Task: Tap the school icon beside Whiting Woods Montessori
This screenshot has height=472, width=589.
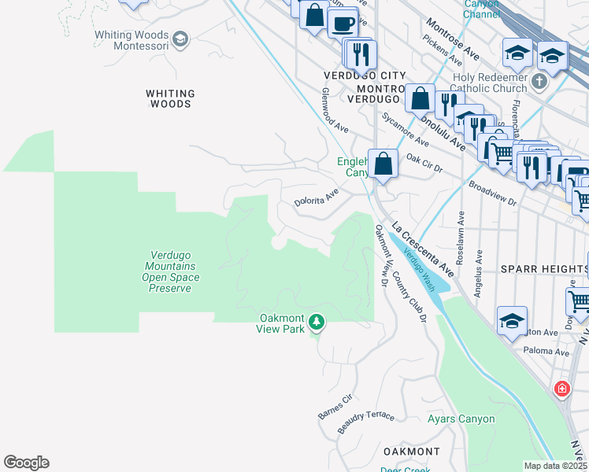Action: tap(180, 39)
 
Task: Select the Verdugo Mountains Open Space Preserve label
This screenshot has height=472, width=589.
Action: tap(174, 271)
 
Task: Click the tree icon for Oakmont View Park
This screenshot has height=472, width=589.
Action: tap(317, 322)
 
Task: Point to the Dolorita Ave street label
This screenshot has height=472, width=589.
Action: tap(317, 197)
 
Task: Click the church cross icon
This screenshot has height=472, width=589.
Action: tap(539, 81)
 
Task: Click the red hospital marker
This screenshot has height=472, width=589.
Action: tap(561, 389)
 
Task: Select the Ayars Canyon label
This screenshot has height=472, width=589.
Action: tap(461, 419)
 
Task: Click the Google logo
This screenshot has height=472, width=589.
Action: tap(26, 463)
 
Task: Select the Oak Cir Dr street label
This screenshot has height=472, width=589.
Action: tap(424, 162)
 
